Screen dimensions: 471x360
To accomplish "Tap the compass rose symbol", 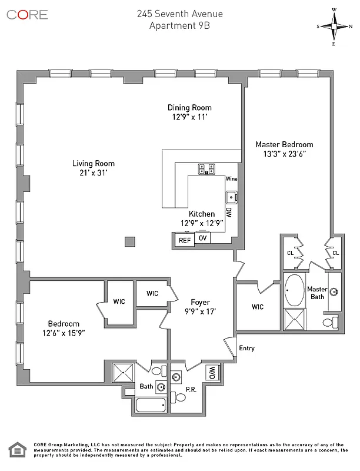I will coord(335,26).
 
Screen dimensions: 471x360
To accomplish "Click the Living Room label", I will coord(94,164).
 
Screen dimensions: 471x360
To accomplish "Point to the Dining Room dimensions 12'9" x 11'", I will coord(189,117).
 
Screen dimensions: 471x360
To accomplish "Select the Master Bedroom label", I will coord(284,144).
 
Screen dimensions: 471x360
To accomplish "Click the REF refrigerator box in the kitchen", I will coord(185,240).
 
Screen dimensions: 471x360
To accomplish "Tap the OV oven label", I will coord(202,238).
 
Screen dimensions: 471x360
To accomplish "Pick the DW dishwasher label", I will coord(229,212).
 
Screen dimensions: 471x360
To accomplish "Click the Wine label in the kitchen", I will coord(231,178).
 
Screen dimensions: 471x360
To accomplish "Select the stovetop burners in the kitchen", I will coord(206,169).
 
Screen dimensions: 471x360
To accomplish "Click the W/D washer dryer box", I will coord(211,372).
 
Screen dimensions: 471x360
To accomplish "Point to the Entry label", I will coord(246,348).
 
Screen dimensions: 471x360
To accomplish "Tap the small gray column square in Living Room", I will coord(130,241).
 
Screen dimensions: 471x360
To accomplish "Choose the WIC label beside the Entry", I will coord(257,307).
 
